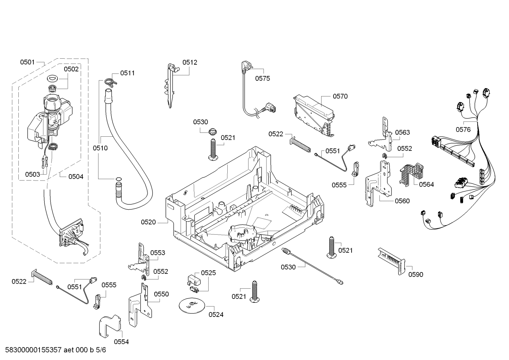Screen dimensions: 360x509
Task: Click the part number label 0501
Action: [x=27, y=63]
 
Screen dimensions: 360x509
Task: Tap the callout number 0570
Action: [x=340, y=96]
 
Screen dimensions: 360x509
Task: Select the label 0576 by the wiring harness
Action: [x=463, y=130]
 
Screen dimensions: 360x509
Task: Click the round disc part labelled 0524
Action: [x=192, y=305]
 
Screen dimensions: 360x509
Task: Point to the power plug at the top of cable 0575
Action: [x=244, y=66]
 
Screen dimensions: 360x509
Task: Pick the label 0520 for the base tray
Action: [x=148, y=222]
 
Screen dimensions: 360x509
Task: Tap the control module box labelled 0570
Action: [x=313, y=113]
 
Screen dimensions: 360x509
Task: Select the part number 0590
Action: [x=416, y=275]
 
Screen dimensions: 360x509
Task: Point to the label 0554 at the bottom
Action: [x=121, y=342]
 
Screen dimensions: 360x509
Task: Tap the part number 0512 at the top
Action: [x=190, y=63]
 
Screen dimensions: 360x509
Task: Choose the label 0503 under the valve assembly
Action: [x=32, y=174]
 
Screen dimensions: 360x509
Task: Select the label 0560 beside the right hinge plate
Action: [x=402, y=201]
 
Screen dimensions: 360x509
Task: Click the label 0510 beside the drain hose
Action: [x=100, y=148]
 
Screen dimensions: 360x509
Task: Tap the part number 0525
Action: [x=208, y=273]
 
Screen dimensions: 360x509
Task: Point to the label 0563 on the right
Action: [x=402, y=132]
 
